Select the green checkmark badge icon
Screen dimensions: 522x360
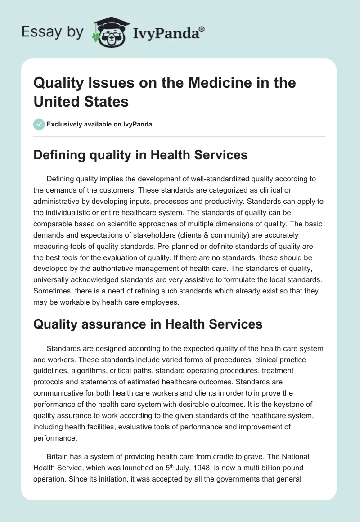pyautogui.click(x=40, y=124)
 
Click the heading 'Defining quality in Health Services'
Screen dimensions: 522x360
pyautogui.click(x=141, y=155)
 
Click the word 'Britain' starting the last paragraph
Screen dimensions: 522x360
pyautogui.click(x=57, y=457)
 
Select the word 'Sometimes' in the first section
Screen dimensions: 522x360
pyautogui.click(x=51, y=291)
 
